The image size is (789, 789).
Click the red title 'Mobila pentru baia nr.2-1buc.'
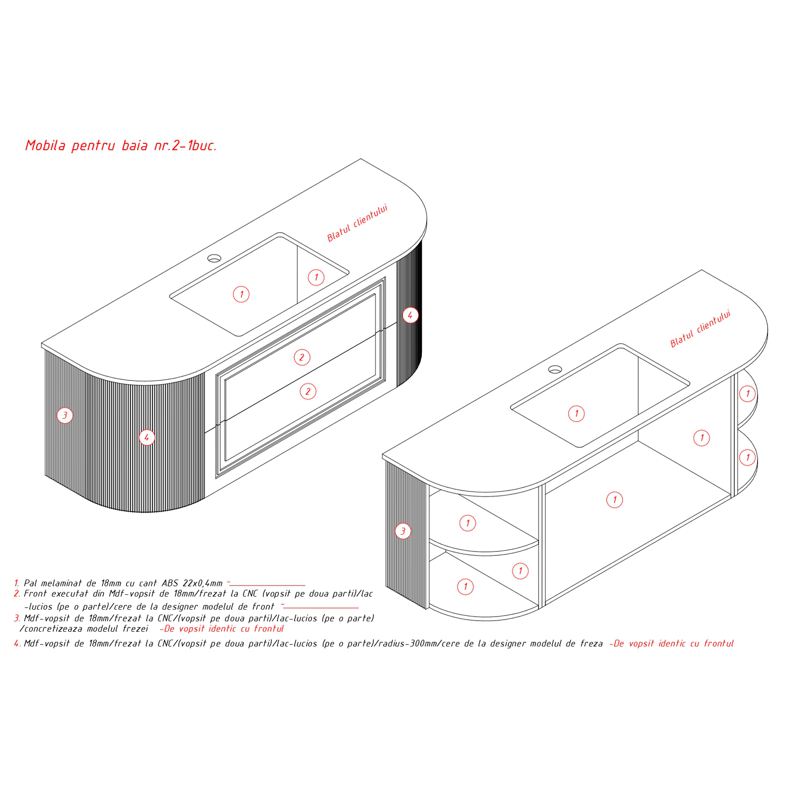coord(121,146)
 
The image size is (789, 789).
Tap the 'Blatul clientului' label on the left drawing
coord(357,223)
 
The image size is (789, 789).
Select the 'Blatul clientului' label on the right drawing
coord(700,329)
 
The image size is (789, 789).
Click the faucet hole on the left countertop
coord(214,258)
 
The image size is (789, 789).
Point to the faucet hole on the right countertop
coord(555,369)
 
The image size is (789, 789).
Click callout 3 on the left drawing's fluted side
coord(65,415)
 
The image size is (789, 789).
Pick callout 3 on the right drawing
coord(403,531)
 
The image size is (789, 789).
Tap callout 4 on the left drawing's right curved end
coord(410,315)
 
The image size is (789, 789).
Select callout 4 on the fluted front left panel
coord(147,437)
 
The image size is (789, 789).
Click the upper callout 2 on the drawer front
coord(302,357)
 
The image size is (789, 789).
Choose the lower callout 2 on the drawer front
coord(308,391)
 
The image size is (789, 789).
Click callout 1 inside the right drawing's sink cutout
coord(576,413)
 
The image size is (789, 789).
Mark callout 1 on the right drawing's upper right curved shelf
coord(747,393)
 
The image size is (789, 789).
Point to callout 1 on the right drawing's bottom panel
coord(614,500)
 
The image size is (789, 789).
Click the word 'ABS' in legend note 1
coord(170,583)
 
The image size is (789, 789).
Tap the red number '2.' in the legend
coord(17,593)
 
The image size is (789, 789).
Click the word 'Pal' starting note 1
coord(31,583)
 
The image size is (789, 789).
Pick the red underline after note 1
coord(268,585)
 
